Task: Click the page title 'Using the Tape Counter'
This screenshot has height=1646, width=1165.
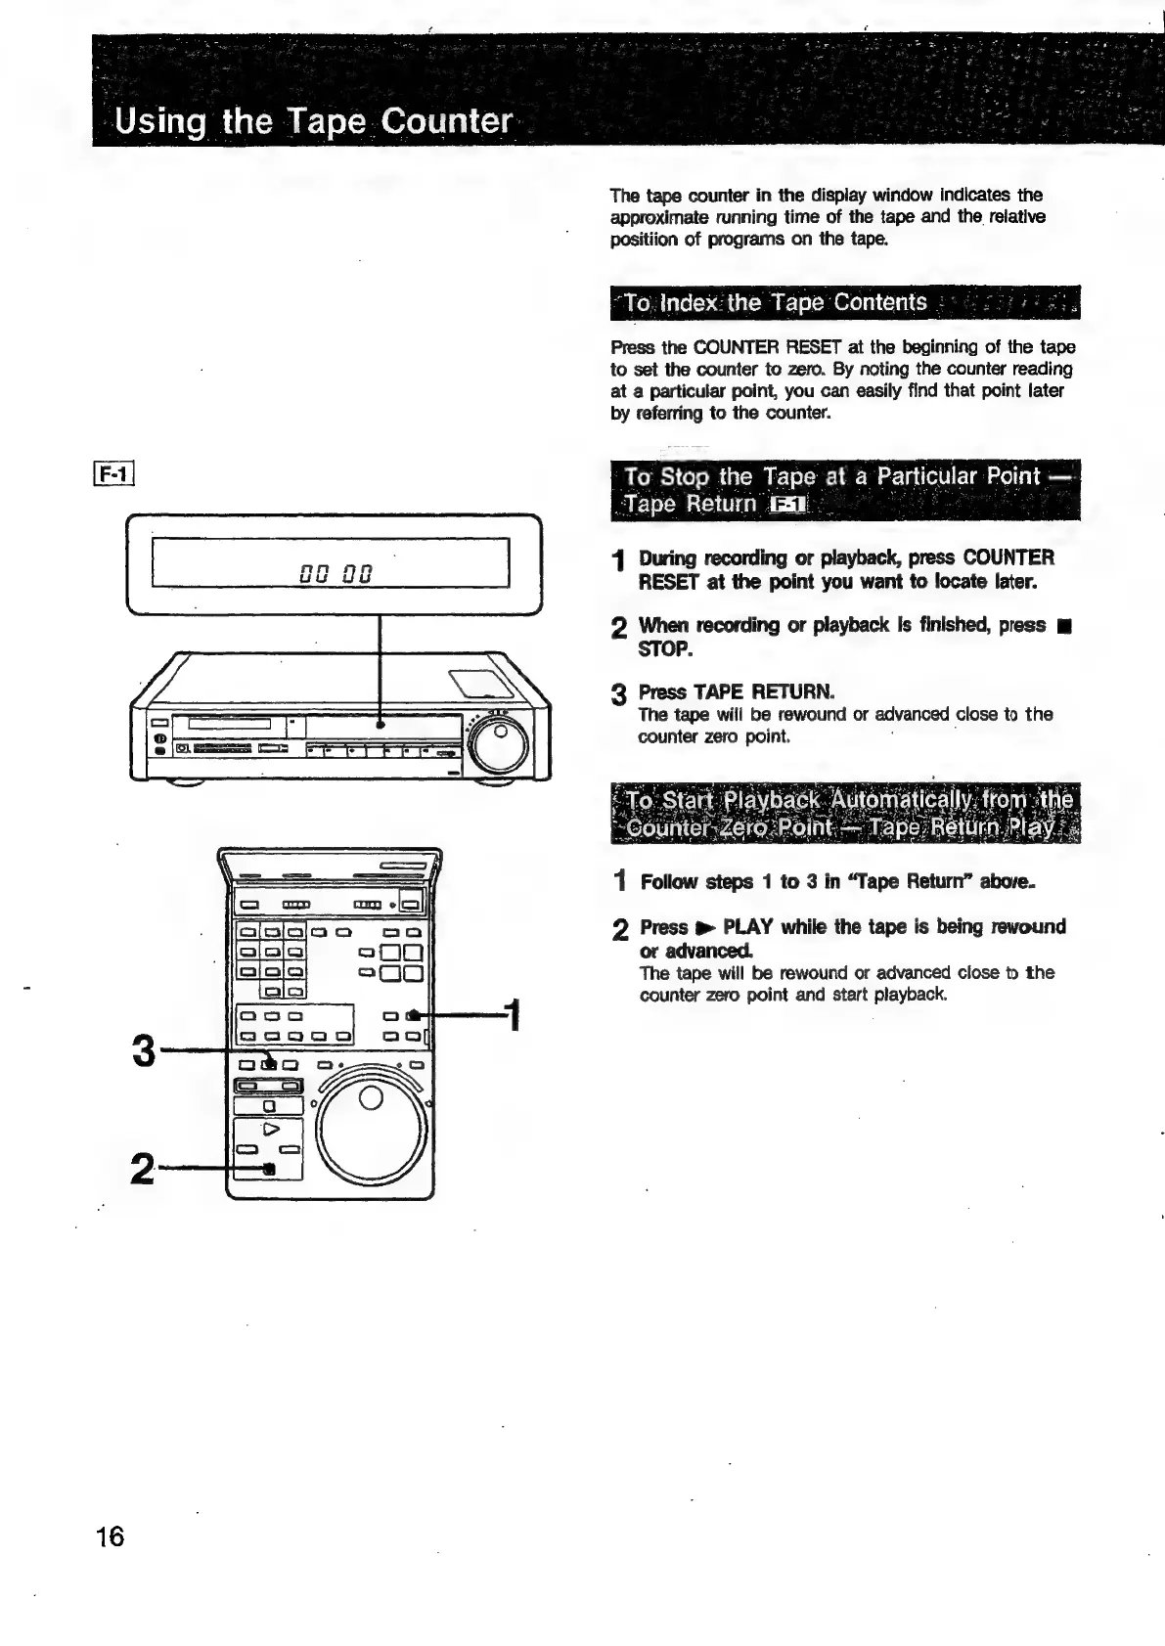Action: pyautogui.click(x=313, y=122)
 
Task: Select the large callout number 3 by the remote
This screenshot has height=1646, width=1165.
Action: pyautogui.click(x=144, y=1052)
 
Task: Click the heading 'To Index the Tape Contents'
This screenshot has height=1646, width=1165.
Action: pyautogui.click(x=776, y=303)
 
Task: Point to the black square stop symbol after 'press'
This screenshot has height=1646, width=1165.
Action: pyautogui.click(x=1063, y=626)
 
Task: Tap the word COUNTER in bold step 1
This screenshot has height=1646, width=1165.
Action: pyautogui.click(x=1008, y=558)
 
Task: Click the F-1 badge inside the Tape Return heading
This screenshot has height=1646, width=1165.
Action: pyautogui.click(x=788, y=505)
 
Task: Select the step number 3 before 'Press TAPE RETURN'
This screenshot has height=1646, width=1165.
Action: pyautogui.click(x=618, y=695)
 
